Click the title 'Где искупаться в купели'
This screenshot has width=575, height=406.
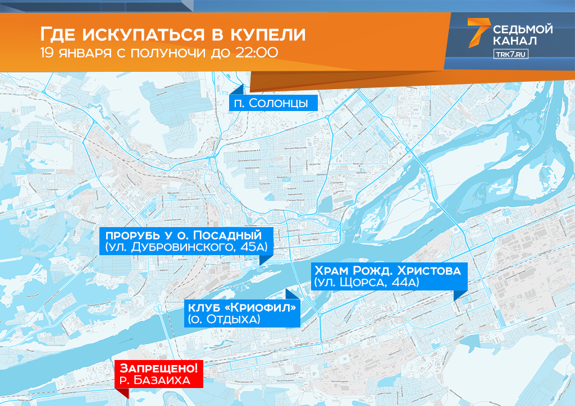173,35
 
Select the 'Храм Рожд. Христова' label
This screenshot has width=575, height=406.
388,270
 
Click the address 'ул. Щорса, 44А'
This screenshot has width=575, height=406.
367,283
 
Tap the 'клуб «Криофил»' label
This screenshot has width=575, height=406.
243,307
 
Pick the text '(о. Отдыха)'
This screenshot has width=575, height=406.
223,320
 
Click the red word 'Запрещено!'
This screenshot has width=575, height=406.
159,368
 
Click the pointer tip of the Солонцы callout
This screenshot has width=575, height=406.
243,87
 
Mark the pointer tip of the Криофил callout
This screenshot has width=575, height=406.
288,292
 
